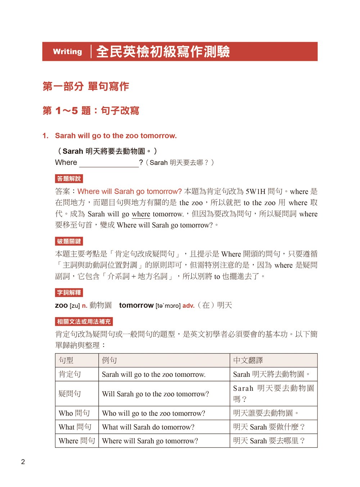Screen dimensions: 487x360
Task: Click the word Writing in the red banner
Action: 67,51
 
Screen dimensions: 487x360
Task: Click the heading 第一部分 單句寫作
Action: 86,86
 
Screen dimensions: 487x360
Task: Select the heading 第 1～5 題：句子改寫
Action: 91,111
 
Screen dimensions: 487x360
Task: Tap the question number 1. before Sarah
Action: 45,136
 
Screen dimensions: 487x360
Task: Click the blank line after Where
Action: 109,163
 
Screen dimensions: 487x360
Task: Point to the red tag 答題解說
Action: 69,179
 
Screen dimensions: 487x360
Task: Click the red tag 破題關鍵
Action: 69,241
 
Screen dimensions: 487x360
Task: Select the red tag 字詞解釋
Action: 69,293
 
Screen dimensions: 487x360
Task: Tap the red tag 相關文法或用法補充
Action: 84,321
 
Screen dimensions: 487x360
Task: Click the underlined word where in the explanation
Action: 141,214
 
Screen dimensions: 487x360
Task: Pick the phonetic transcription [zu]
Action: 75,306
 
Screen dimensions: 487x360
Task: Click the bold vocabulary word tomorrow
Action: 136,305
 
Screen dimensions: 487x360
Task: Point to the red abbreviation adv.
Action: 188,306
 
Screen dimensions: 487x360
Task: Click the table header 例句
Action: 109,360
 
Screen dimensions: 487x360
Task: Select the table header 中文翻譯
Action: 248,360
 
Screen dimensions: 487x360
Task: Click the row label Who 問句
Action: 74,413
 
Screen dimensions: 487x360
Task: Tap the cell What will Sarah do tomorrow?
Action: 148,427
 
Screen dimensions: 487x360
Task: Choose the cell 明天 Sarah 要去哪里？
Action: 269,441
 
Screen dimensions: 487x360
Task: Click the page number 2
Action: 23,462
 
